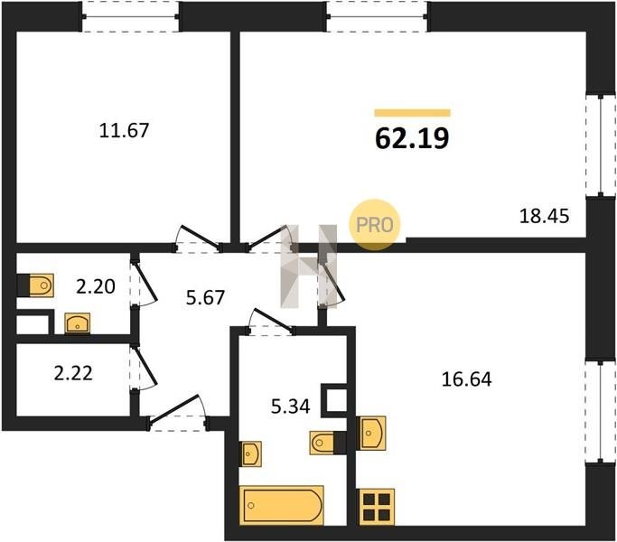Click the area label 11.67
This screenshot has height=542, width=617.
click(x=124, y=130)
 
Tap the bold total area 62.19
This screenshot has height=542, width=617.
click(x=412, y=138)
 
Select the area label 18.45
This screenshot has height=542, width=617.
click(x=544, y=216)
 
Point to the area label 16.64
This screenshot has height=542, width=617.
click(x=467, y=379)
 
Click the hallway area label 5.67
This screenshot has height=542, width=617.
click(x=205, y=297)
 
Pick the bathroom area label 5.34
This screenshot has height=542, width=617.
click(x=290, y=406)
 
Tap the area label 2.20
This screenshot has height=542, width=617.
click(x=96, y=286)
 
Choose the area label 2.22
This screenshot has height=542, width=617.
click(x=73, y=373)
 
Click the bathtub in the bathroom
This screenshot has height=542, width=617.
click(x=281, y=505)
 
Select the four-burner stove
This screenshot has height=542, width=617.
click(x=377, y=507)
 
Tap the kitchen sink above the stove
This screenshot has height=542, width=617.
click(x=370, y=433)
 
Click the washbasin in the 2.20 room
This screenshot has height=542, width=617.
click(x=78, y=323)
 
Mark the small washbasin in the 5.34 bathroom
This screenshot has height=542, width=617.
click(x=250, y=453)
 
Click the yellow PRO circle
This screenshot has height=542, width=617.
click(x=375, y=225)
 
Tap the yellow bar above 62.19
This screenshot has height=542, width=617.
click(x=412, y=113)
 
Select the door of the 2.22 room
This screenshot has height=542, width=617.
click(x=144, y=369)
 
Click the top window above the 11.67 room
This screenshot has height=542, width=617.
click(x=131, y=16)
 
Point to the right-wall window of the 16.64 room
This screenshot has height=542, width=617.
click(x=601, y=412)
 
